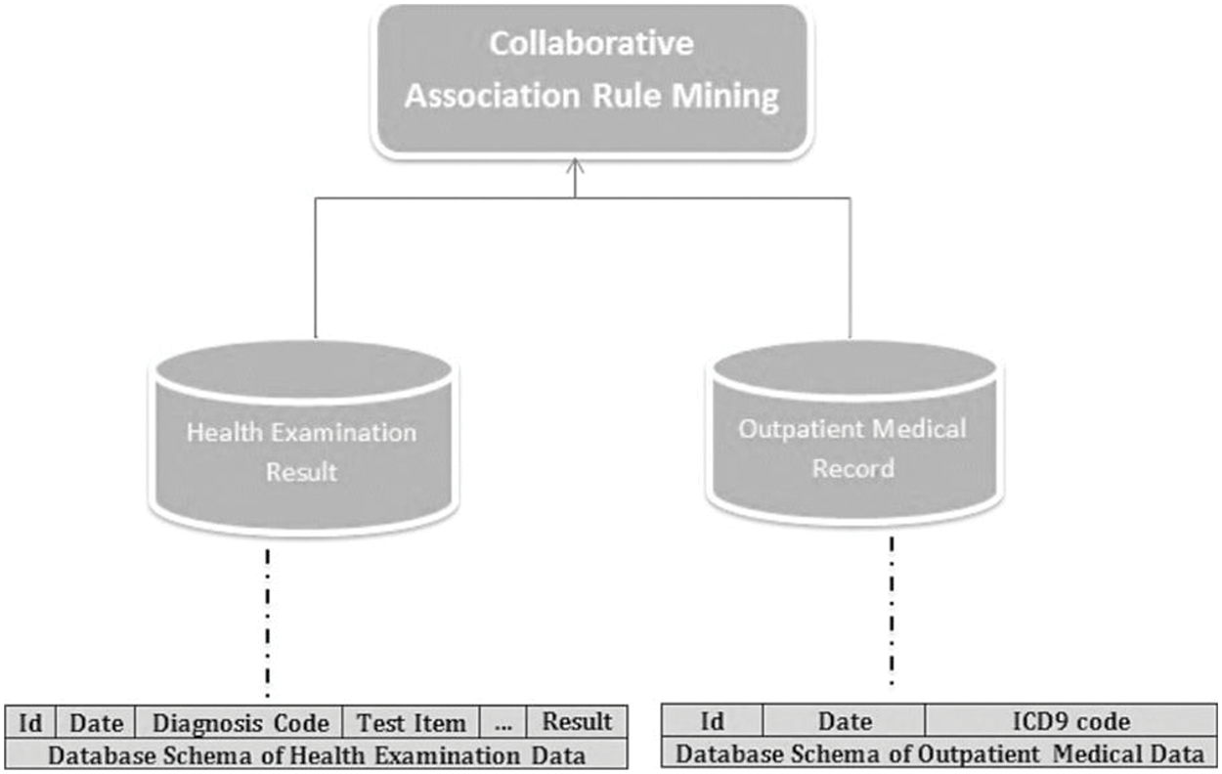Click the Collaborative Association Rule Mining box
(591, 78)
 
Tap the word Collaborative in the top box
(591, 45)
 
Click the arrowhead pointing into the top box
(576, 166)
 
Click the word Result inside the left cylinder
(302, 471)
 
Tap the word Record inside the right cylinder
(853, 467)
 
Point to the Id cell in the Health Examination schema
(31, 722)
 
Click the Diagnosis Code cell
(240, 722)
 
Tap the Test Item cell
(411, 722)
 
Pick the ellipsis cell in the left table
(503, 722)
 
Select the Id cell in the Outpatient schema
(714, 721)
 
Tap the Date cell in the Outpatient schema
(845, 721)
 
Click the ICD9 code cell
(1070, 721)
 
